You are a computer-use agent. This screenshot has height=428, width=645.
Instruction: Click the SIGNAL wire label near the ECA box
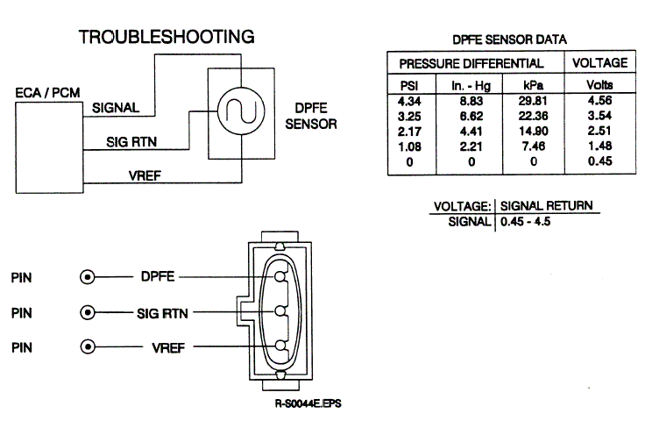117,109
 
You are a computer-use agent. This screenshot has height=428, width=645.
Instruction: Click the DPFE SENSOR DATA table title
508,39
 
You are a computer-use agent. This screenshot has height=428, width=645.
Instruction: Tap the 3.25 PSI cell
407,116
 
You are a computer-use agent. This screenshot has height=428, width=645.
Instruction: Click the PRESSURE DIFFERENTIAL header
471,64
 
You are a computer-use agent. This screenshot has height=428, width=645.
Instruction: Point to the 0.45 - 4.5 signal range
525,222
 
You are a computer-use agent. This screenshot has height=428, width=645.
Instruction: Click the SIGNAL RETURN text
546,206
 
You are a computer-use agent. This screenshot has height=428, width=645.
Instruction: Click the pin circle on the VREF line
88,346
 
